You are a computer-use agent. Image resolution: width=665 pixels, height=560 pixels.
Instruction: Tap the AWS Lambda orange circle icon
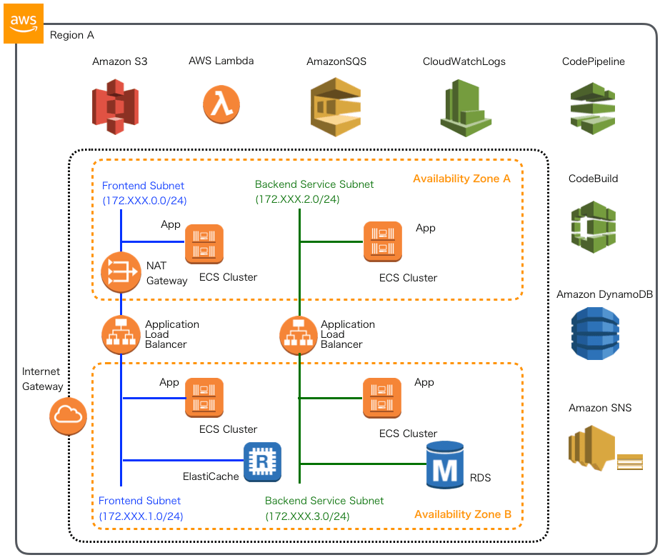coord(221,104)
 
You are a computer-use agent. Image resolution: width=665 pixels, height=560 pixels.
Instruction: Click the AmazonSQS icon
coord(336,107)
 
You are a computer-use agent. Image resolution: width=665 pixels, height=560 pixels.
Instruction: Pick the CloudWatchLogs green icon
coord(464,108)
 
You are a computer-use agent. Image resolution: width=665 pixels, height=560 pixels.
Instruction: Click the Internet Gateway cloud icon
coord(68,415)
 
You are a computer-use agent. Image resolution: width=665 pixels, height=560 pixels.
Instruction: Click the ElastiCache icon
coord(262,461)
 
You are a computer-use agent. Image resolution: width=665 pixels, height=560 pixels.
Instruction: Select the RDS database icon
coord(444,463)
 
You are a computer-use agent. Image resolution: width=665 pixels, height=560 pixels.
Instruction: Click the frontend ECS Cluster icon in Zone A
coord(204,244)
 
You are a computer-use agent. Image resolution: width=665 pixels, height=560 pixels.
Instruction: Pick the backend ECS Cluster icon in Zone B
coord(382,398)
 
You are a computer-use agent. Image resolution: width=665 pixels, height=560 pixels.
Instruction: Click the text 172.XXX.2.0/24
coord(297,199)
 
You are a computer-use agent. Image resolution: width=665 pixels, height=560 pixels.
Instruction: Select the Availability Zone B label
coord(463,514)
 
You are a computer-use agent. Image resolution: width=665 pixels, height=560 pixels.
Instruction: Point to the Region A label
coord(71,35)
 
